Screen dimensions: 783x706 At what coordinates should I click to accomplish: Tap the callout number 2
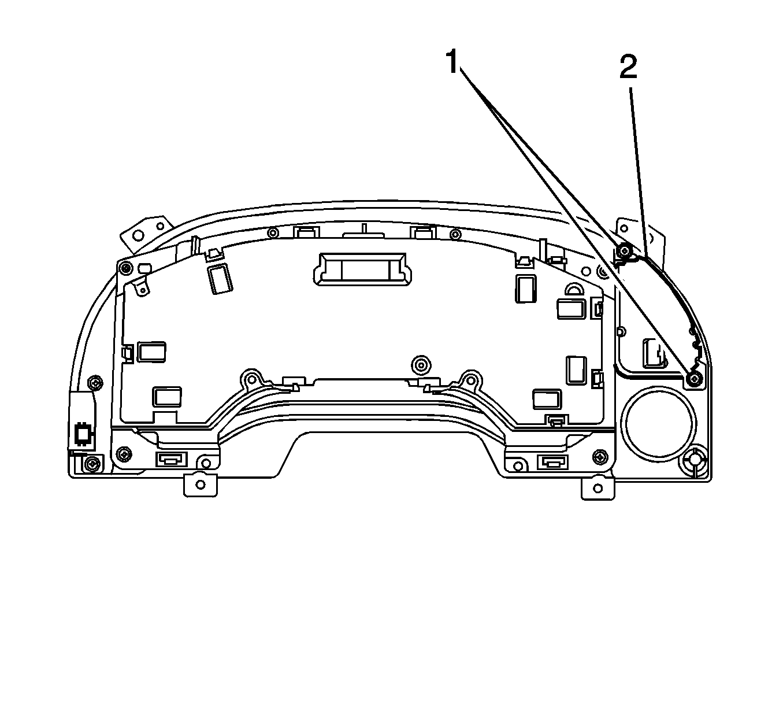coord(629,67)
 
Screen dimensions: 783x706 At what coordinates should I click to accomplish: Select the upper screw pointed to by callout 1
coord(625,250)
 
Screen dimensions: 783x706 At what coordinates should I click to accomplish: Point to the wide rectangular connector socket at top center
coord(362,269)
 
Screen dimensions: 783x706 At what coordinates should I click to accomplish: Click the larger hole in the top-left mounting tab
coord(138,235)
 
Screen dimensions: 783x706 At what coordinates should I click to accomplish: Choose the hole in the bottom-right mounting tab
coord(598,489)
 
